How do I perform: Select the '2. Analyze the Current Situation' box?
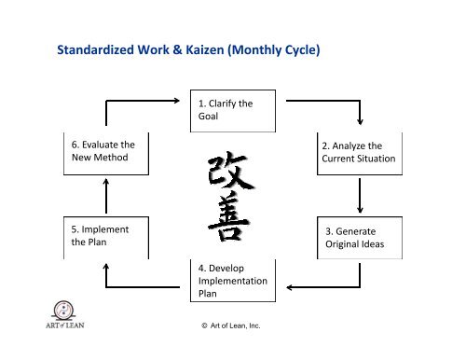(x=358, y=152)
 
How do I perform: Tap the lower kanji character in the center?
(x=227, y=221)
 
